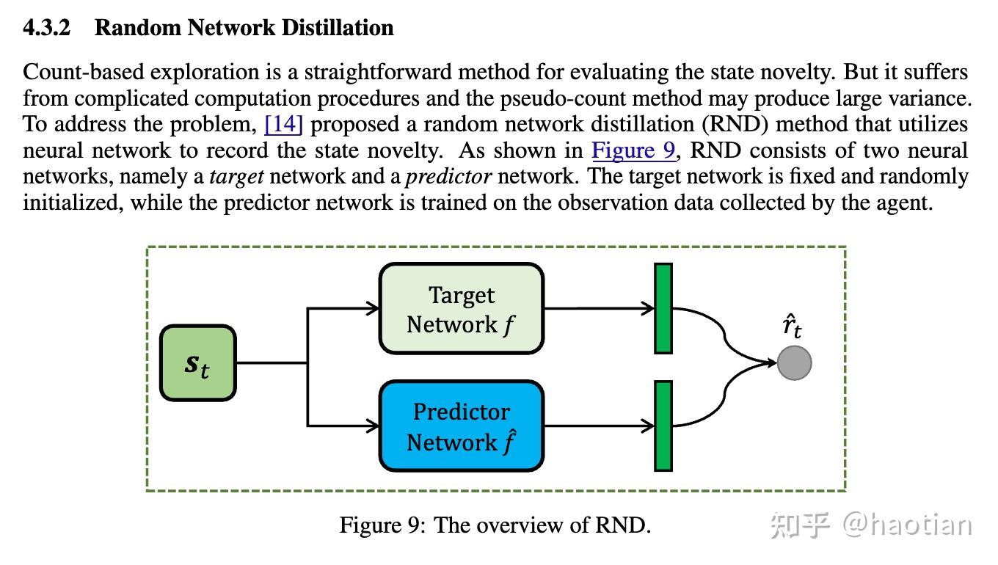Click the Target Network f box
pyautogui.click(x=461, y=309)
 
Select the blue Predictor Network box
pyautogui.click(x=461, y=426)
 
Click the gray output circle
pyautogui.click(x=794, y=363)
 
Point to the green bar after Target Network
pyautogui.click(x=663, y=309)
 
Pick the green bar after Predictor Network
pyautogui.click(x=663, y=426)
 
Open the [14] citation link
pyautogui.click(x=283, y=124)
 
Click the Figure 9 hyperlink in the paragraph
pyautogui.click(x=633, y=150)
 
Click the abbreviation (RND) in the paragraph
pyautogui.click(x=739, y=124)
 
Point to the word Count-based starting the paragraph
pyautogui.click(x=76, y=72)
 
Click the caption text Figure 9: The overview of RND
pyautogui.click(x=495, y=525)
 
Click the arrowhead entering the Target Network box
pyautogui.click(x=373, y=309)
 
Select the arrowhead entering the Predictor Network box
pyautogui.click(x=373, y=426)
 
